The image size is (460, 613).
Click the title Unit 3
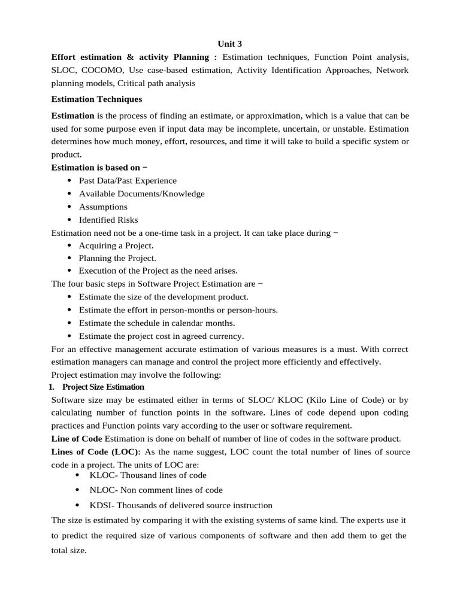click(229, 43)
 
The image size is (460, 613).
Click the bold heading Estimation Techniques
click(96, 99)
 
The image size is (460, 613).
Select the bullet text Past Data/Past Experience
click(128, 181)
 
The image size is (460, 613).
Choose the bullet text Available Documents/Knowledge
click(141, 194)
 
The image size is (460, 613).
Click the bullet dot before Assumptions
click(69, 207)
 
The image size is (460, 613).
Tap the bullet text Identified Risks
click(108, 220)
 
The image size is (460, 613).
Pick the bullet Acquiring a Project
click(116, 246)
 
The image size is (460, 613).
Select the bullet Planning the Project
click(117, 259)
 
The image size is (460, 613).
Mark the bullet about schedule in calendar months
click(157, 323)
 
